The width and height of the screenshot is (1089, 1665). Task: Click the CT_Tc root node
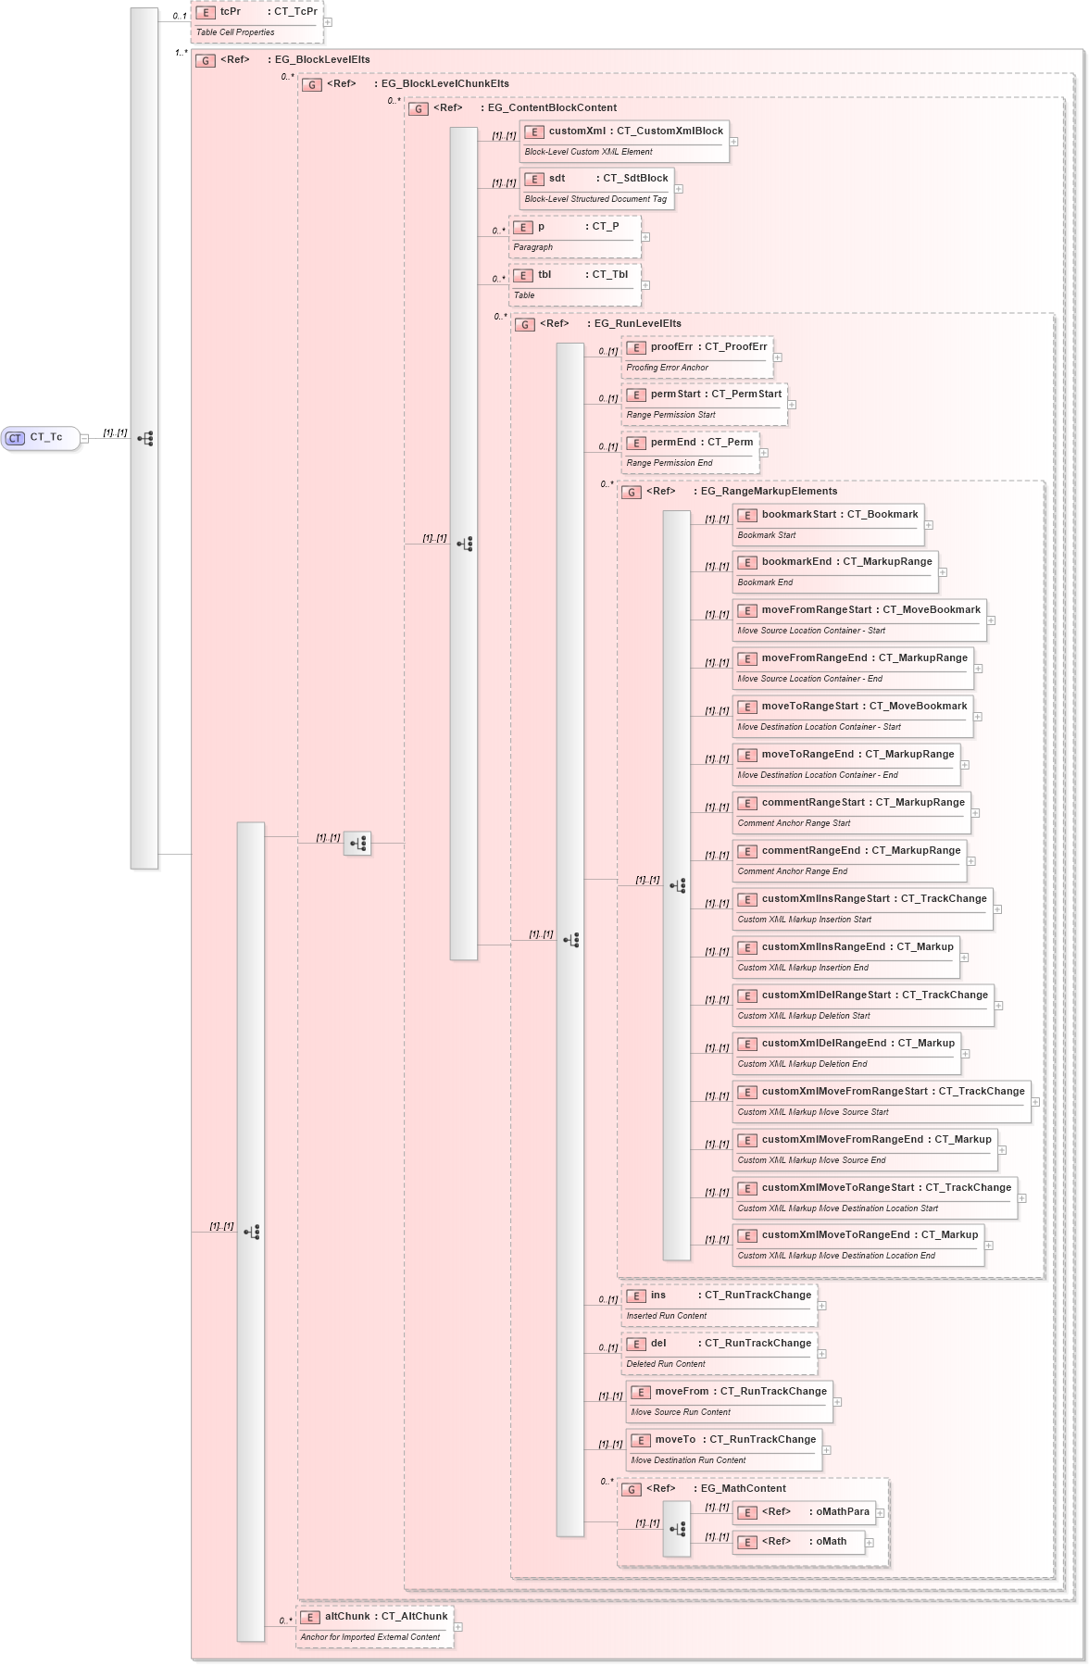(41, 438)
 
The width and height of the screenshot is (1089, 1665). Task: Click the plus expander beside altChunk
(458, 1627)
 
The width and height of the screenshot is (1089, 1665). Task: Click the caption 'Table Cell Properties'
(235, 32)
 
